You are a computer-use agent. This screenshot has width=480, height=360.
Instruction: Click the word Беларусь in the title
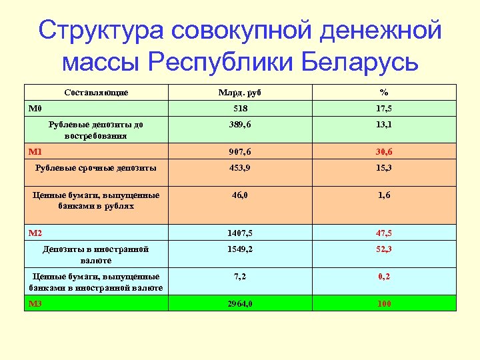point(360,62)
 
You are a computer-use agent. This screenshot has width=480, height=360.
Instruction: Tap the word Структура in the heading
point(98,31)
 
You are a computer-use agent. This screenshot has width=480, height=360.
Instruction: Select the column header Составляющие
point(97,93)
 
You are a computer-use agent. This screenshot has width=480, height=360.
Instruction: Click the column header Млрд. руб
point(239,93)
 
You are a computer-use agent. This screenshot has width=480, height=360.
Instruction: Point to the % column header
point(383,93)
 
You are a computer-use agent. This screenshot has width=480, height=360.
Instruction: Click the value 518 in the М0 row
point(239,108)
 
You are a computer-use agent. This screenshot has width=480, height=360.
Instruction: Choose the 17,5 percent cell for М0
point(383,108)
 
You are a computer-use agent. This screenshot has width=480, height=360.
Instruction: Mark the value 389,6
point(239,125)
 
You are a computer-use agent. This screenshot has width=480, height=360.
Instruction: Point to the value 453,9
point(239,168)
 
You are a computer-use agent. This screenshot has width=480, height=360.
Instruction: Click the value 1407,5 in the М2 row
point(239,233)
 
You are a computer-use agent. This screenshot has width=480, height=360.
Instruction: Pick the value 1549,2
point(239,249)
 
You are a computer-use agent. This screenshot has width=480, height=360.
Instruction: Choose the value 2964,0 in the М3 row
point(239,304)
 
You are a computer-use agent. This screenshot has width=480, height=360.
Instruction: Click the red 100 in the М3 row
point(383,304)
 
